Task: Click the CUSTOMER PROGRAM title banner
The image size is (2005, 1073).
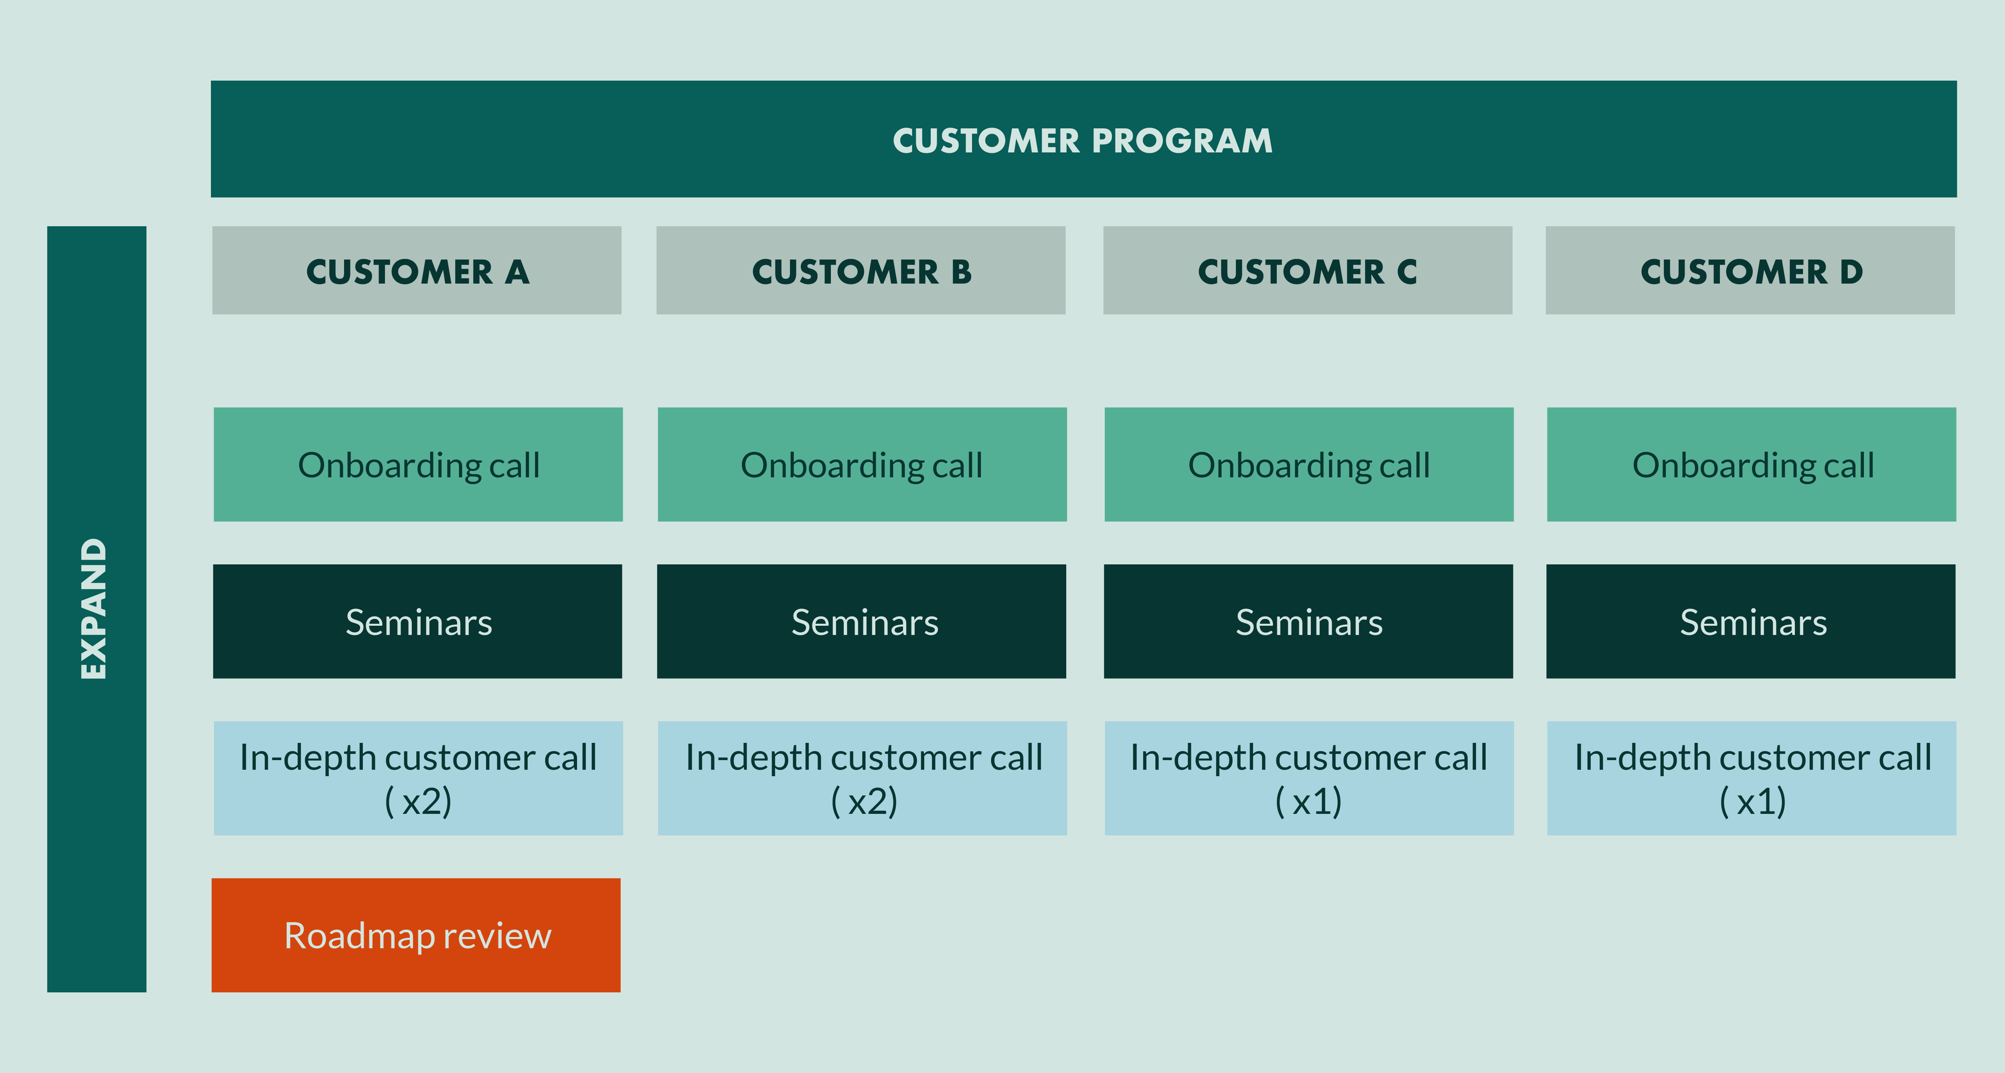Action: pyautogui.click(x=1084, y=139)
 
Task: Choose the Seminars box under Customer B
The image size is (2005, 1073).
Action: pyautogui.click(x=862, y=621)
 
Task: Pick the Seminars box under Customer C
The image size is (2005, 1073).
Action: pyautogui.click(x=1308, y=621)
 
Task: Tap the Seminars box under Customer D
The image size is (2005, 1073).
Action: pyautogui.click(x=1750, y=621)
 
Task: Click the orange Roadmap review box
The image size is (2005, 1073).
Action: pyautogui.click(x=415, y=935)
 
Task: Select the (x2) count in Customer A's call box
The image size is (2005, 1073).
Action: pyautogui.click(x=418, y=801)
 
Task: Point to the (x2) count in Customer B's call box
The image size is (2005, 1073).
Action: pyautogui.click(x=864, y=801)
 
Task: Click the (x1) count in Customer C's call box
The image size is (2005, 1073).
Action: pyautogui.click(x=1308, y=801)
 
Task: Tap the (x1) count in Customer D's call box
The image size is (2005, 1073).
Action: pyautogui.click(x=1753, y=801)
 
